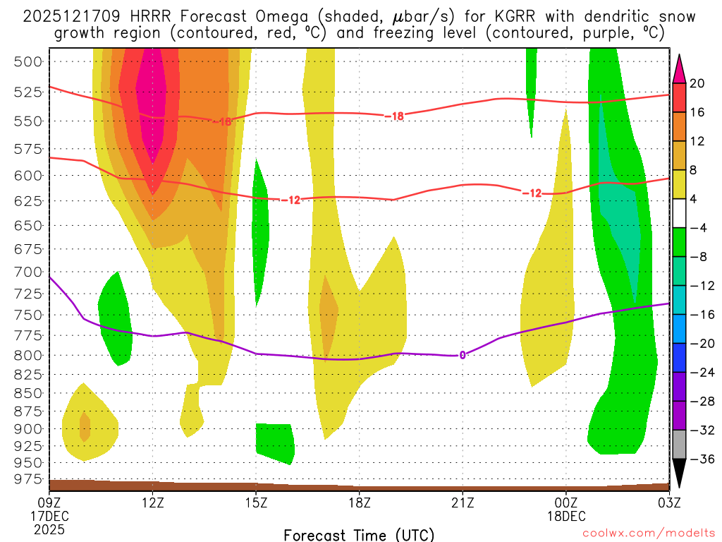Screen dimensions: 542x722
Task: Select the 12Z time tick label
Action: click(153, 503)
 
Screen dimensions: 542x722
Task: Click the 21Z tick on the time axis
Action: click(463, 503)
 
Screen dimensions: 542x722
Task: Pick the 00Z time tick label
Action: click(566, 503)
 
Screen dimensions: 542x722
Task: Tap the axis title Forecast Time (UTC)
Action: click(359, 535)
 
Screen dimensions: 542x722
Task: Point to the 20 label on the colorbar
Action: click(697, 83)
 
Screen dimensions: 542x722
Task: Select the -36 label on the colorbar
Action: click(697, 459)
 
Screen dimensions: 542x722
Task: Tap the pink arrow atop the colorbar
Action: click(680, 68)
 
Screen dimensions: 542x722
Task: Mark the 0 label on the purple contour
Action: click(463, 355)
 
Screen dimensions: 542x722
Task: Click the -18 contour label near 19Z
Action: click(394, 116)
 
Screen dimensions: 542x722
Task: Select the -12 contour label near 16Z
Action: click(290, 200)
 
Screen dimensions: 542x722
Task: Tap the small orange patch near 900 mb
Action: click(85, 427)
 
